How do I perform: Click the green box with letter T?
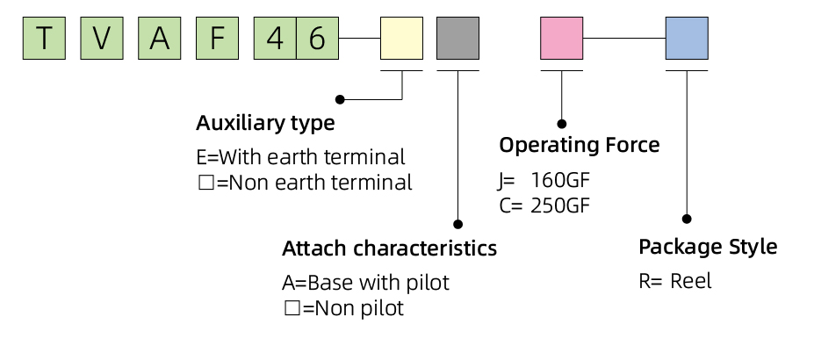(44, 39)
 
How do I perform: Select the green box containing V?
(102, 39)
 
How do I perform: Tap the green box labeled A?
(159, 39)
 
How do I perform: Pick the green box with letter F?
(218, 39)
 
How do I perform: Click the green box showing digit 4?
(275, 39)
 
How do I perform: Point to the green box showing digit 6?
(318, 39)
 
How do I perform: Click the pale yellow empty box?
(402, 39)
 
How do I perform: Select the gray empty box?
(457, 39)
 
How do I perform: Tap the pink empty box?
(562, 39)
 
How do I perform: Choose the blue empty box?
(687, 39)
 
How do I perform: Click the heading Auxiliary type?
(265, 124)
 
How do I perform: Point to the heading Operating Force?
(580, 145)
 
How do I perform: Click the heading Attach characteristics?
(389, 248)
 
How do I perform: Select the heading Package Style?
(708, 247)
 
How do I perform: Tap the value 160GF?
(560, 181)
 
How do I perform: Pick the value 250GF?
(560, 206)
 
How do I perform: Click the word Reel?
(691, 281)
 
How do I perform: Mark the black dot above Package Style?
(687, 219)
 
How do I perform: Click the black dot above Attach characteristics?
(457, 224)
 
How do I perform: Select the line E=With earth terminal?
(300, 157)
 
